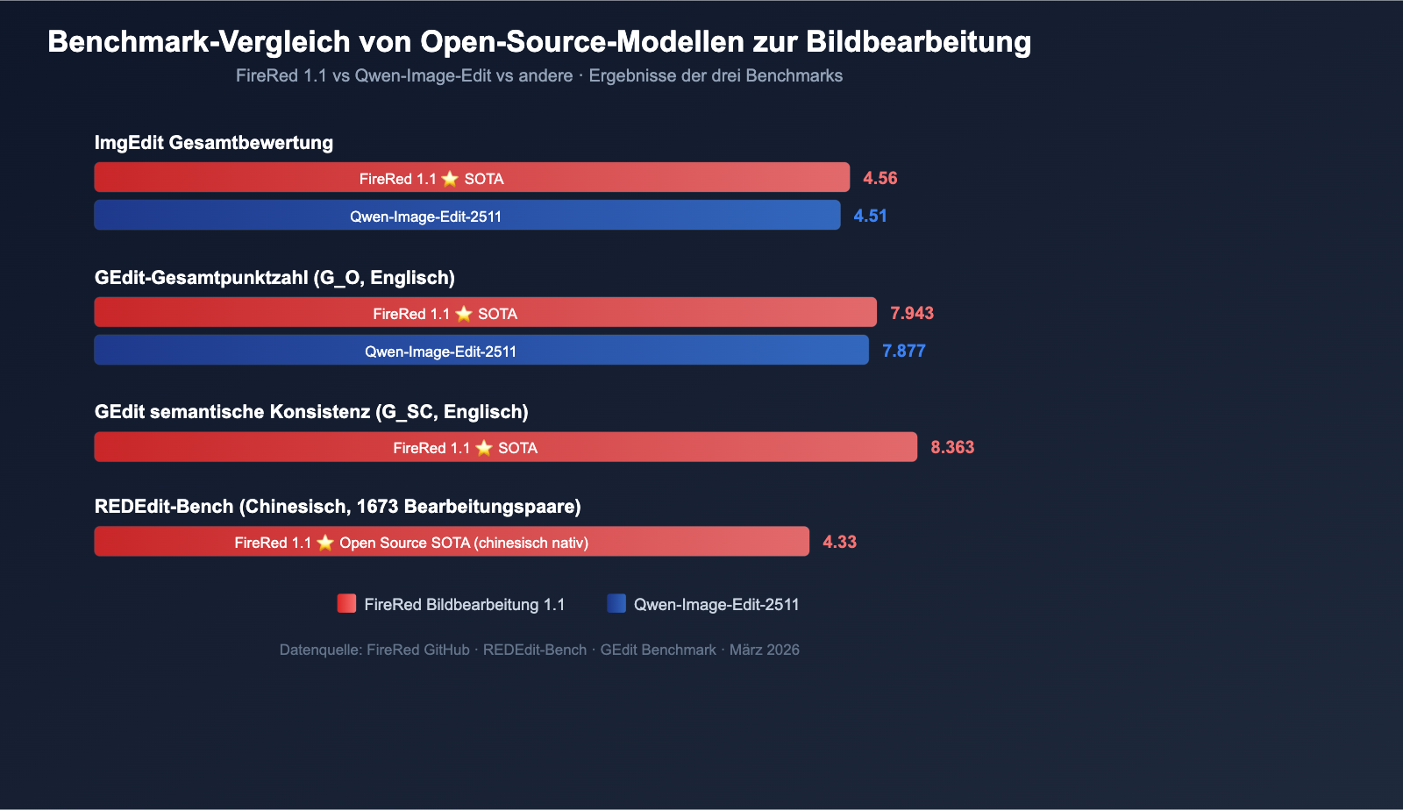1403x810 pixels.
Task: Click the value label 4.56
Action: click(x=880, y=178)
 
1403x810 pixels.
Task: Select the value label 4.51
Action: click(x=870, y=216)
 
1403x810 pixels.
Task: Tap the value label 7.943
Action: click(x=912, y=313)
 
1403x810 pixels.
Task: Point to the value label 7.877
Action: click(x=903, y=351)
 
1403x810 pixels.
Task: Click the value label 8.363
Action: click(x=952, y=447)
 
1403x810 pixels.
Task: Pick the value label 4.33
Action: click(x=839, y=542)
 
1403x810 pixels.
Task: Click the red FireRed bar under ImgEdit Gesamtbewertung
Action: click(x=472, y=177)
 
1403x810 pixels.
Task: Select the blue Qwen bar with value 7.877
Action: click(x=481, y=350)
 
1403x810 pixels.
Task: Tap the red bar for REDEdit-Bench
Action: click(x=452, y=541)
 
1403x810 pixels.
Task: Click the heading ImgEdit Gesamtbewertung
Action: click(x=214, y=143)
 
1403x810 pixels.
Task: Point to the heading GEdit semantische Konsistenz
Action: click(x=311, y=412)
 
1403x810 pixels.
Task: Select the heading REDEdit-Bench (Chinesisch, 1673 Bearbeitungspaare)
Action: click(x=338, y=507)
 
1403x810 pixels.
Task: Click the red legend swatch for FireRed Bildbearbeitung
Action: click(x=346, y=603)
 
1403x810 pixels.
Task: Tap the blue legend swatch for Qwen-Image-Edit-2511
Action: click(x=616, y=603)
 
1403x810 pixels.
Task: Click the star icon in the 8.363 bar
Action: click(x=484, y=448)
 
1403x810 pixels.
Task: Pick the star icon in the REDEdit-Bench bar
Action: click(x=325, y=543)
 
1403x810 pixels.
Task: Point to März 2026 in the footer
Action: click(x=765, y=650)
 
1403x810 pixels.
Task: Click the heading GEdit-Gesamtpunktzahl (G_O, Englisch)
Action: click(x=274, y=278)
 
